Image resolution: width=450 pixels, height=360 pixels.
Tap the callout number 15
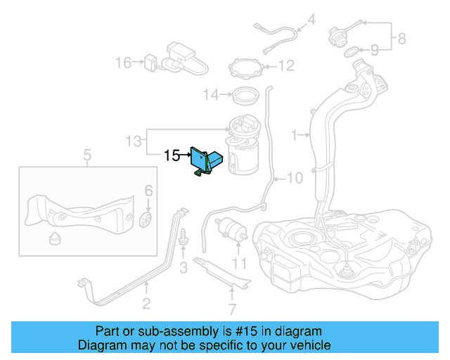point(172,155)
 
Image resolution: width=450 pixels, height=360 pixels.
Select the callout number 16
point(123,63)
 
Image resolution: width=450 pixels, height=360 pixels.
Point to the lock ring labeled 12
point(247,70)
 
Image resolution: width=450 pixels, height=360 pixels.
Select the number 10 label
point(294,179)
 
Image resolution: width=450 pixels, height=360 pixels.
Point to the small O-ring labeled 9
point(350,51)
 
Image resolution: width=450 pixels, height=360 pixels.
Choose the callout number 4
point(311,20)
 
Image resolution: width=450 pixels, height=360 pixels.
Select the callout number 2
point(146,304)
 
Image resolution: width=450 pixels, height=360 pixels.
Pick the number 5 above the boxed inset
point(87,154)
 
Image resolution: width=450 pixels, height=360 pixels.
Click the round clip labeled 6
point(147,219)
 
